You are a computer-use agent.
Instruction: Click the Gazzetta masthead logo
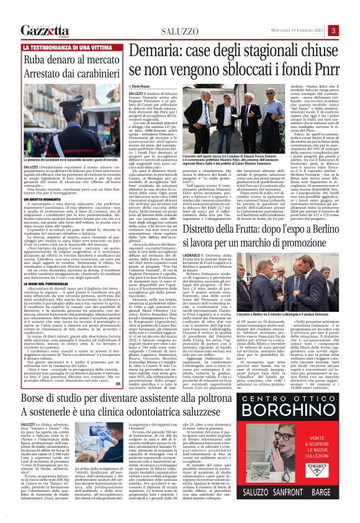click(x=44, y=31)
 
